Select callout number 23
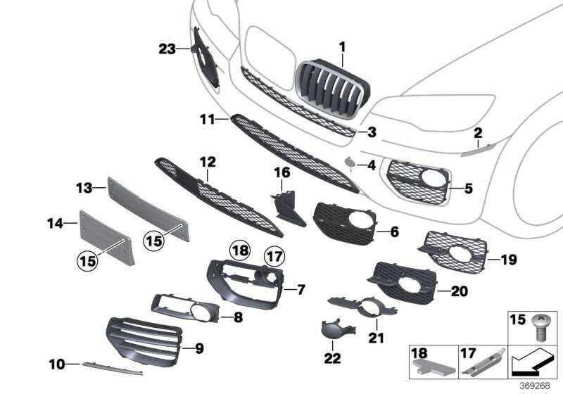click(167, 49)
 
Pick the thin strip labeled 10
click(112, 368)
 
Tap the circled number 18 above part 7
click(240, 250)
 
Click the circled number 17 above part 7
click(274, 257)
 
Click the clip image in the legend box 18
click(434, 367)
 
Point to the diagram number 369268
click(535, 386)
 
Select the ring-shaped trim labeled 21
click(362, 306)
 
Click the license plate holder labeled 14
click(107, 239)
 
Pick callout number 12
click(208, 163)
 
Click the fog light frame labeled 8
click(185, 309)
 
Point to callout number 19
click(508, 260)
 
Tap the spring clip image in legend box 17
click(484, 362)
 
